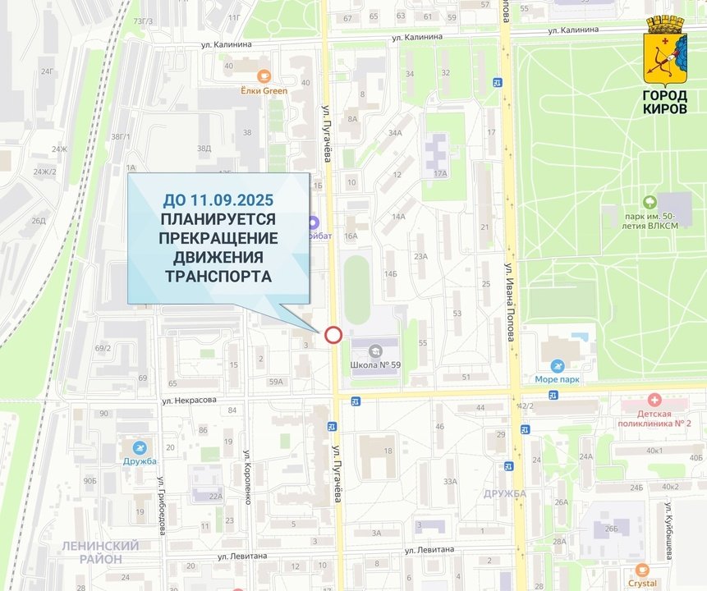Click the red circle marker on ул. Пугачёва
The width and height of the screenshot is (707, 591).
click(333, 334)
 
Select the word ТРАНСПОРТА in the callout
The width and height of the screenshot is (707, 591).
click(218, 276)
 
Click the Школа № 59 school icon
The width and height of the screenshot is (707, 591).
click(376, 350)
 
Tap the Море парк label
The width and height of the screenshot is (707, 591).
click(558, 379)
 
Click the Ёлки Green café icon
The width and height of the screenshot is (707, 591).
click(264, 76)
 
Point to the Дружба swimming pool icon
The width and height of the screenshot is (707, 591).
click(140, 447)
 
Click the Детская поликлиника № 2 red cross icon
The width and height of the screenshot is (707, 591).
click(654, 400)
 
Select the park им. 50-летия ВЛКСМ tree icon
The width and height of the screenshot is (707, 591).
click(650, 201)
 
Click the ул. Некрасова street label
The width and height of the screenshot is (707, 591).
click(188, 401)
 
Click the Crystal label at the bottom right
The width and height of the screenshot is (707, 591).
click(642, 583)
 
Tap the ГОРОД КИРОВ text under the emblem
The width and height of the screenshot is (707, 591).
click(665, 102)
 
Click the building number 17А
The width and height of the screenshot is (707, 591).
click(440, 173)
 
